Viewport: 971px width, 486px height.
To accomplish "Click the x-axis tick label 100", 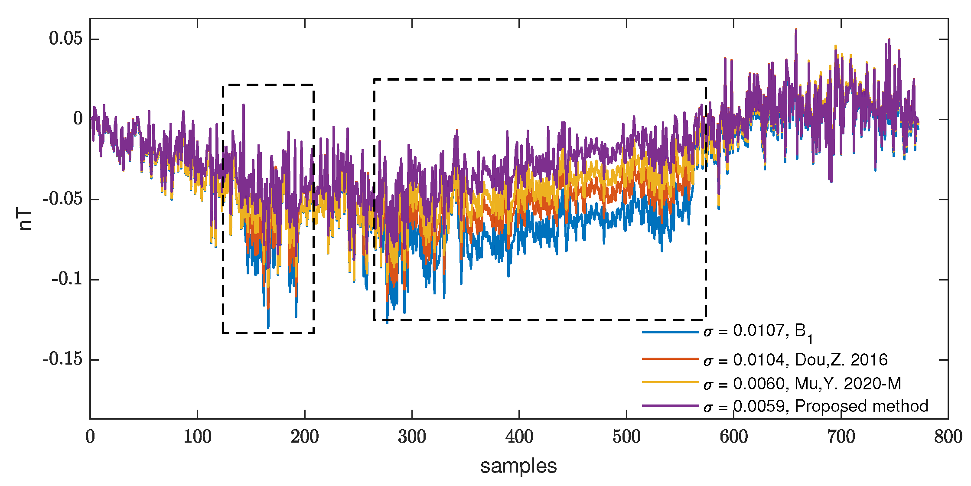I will pos(197,437).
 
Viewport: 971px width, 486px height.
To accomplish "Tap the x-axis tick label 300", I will pos(412,437).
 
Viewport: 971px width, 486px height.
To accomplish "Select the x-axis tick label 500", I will pos(626,437).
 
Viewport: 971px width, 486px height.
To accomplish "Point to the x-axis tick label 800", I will pos(948,437).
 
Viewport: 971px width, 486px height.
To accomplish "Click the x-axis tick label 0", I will pos(90,437).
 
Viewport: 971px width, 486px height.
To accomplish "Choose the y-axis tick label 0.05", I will pos(65,39).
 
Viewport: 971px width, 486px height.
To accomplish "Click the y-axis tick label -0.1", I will pos(67,279).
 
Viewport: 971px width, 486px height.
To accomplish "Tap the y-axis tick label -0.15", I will pos(62,359).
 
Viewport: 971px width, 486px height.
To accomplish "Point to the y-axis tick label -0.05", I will pos(62,199).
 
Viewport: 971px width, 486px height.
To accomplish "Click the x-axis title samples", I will pos(518,466).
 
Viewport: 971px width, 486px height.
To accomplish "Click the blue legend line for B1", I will pos(670,332).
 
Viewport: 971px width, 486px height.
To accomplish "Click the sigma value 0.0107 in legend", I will pos(759,331).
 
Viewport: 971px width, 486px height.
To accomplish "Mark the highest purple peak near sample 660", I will pos(796,29).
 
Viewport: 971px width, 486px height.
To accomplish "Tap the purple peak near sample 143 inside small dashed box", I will pos(244,104).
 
